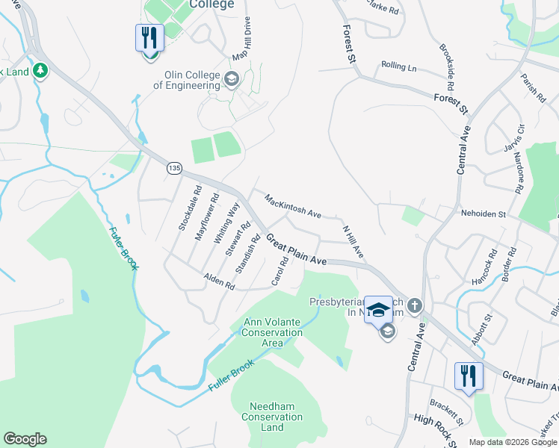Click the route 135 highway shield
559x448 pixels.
(174, 169)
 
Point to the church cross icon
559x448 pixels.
(415, 305)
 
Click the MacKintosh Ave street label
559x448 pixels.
(292, 205)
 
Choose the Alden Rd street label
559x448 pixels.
(219, 281)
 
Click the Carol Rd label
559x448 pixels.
(280, 272)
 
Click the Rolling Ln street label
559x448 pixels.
(398, 66)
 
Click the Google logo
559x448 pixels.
(25, 439)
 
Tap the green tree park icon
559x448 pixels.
(40, 71)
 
